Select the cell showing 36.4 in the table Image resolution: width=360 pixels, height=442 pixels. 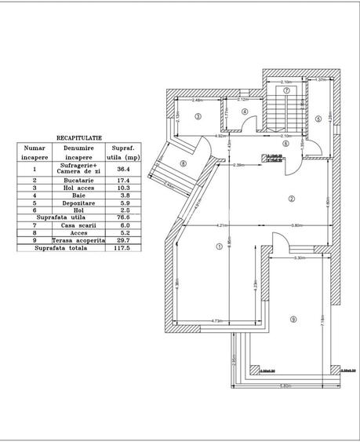pyautogui.click(x=123, y=169)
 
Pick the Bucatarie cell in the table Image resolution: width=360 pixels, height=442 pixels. pyautogui.click(x=78, y=181)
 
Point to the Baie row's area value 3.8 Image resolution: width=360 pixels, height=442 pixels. pyautogui.click(x=123, y=197)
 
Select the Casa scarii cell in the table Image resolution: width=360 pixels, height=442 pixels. pyautogui.click(x=78, y=223)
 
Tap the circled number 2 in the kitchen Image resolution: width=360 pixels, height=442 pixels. pyautogui.click(x=291, y=199)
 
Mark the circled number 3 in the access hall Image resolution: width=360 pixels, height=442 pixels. pyautogui.click(x=198, y=116)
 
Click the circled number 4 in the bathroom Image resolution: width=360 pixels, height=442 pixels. pyautogui.click(x=245, y=112)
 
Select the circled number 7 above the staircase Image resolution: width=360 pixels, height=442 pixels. pyautogui.click(x=287, y=91)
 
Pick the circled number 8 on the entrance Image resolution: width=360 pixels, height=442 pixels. pyautogui.click(x=183, y=163)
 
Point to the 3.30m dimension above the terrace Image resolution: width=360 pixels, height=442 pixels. pyautogui.click(x=300, y=258)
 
